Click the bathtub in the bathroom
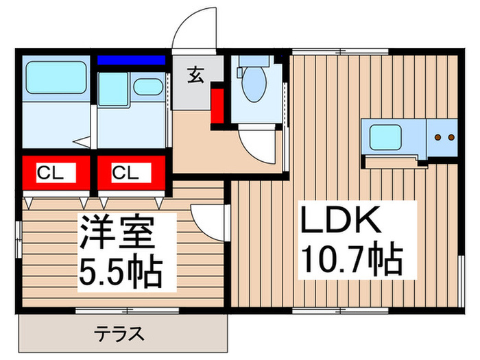[56, 77]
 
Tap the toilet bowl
[254, 84]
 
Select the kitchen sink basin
[385, 137]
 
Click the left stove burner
[438, 137]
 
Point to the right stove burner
[451, 137]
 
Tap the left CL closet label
[50, 173]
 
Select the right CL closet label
[125, 173]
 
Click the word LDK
[341, 219]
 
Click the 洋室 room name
[117, 232]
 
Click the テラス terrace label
[119, 334]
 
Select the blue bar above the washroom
[132, 60]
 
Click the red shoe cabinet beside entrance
[217, 106]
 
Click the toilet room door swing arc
[251, 152]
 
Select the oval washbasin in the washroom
[148, 86]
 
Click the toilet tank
[254, 61]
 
